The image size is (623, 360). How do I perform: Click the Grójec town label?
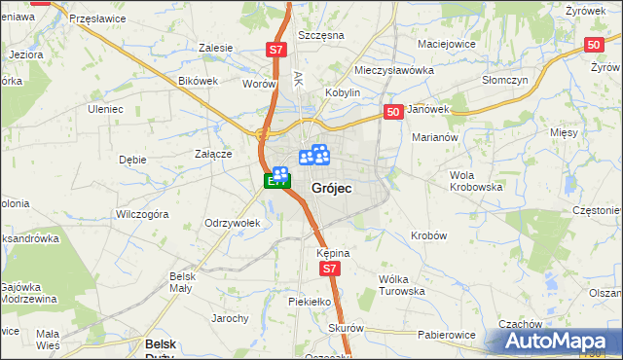coord(331,187)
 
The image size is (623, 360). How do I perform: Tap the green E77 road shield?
coord(276,181)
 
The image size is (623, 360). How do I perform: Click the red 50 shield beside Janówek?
coord(393,113)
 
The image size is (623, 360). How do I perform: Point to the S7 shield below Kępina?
coord(331,269)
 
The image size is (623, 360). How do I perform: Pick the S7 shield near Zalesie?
coord(276,49)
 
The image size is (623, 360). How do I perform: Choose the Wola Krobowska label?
coord(475,180)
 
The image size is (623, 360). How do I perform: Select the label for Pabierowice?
coord(447,335)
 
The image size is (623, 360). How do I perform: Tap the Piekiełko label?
coord(311,303)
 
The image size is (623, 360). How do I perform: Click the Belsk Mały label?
coord(183,281)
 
